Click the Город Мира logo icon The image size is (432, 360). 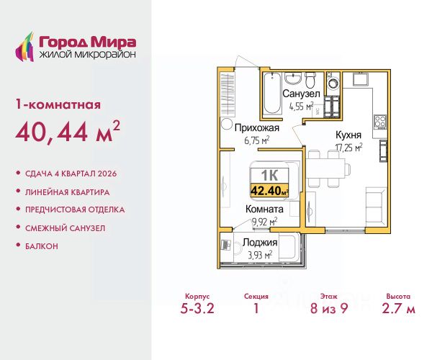pyautogui.click(x=24, y=47)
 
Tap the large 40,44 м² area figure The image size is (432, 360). pyautogui.click(x=68, y=132)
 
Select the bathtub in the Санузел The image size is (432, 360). pyautogui.click(x=272, y=94)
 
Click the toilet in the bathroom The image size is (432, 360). pyautogui.click(x=310, y=79)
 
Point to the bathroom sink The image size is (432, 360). pyautogui.click(x=293, y=78)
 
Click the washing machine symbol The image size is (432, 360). pyautogui.click(x=333, y=82)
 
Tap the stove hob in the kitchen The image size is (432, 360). pyautogui.click(x=380, y=122)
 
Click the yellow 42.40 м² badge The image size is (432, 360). pyautogui.click(x=269, y=190)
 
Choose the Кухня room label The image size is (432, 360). pyautogui.click(x=348, y=135)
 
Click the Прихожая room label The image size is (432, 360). pyautogui.click(x=257, y=128)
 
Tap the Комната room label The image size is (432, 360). pyautogui.click(x=264, y=209)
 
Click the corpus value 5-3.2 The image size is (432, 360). pyautogui.click(x=197, y=308)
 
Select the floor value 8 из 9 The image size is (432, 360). pyautogui.click(x=329, y=308)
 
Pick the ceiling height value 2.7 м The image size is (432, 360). pyautogui.click(x=398, y=308)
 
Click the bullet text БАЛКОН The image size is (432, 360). pyautogui.click(x=42, y=246)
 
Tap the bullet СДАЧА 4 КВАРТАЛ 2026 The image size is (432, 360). pyautogui.click(x=71, y=174)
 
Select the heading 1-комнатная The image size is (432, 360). pyautogui.click(x=58, y=104)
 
